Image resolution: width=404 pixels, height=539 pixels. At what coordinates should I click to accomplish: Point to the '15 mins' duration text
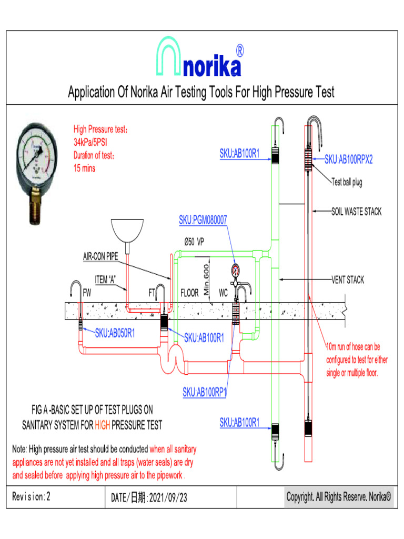[x=85, y=169]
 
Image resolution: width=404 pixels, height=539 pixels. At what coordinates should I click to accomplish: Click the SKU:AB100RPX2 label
[x=348, y=159]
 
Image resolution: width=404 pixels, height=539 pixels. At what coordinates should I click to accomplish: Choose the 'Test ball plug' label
[x=347, y=183]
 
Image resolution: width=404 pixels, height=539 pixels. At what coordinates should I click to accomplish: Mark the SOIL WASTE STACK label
[x=356, y=212]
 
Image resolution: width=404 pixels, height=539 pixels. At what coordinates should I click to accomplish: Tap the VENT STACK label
[x=348, y=280]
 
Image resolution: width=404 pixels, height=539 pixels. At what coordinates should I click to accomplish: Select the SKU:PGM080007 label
[x=203, y=221]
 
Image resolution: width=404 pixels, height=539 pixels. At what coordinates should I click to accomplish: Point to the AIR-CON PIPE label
[x=100, y=257]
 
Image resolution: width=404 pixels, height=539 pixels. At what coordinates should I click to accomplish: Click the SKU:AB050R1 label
[x=115, y=333]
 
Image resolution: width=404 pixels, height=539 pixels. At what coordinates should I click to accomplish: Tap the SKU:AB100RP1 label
[x=205, y=392]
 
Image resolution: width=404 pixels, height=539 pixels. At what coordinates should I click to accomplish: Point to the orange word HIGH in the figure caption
[x=102, y=425]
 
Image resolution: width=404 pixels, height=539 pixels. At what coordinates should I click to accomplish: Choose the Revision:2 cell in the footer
[x=32, y=496]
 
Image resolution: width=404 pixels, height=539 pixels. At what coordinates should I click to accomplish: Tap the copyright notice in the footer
[x=339, y=496]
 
